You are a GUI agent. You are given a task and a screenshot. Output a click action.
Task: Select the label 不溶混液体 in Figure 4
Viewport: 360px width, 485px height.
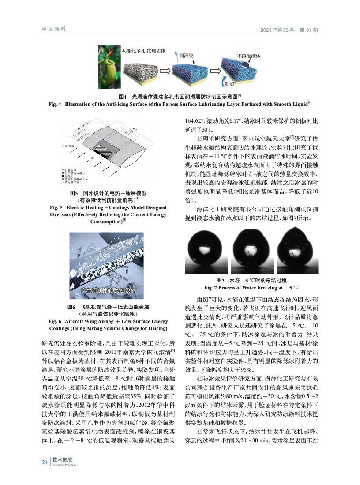pos(249,56)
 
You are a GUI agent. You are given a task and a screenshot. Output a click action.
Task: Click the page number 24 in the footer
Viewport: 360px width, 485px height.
pos(44,462)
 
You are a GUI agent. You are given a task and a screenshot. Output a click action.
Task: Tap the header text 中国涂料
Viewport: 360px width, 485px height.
pos(53,29)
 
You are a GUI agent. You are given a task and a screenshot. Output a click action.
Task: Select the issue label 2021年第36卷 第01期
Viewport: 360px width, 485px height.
pos(289,30)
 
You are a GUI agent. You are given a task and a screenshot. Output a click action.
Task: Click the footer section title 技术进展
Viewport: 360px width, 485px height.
pos(62,459)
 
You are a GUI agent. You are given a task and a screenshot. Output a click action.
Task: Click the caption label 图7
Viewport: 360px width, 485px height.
pos(221,281)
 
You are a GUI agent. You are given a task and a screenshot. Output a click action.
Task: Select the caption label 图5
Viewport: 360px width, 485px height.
pos(76,193)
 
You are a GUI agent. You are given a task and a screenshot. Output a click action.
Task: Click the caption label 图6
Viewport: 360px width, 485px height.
pos(71,307)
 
